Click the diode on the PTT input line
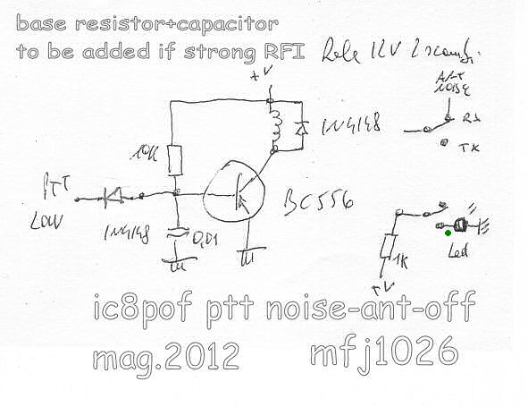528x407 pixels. pyautogui.click(x=113, y=192)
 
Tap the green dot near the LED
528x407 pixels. pyautogui.click(x=448, y=234)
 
